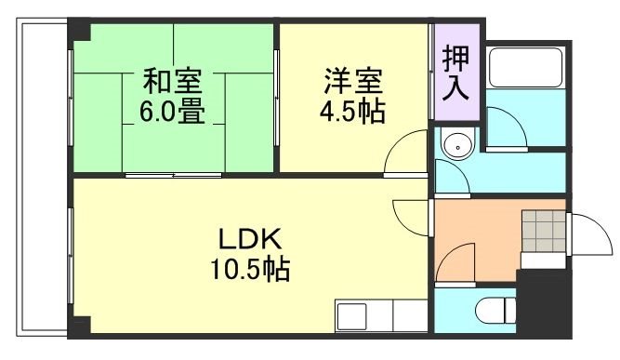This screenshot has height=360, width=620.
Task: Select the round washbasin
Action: point(457,145)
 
